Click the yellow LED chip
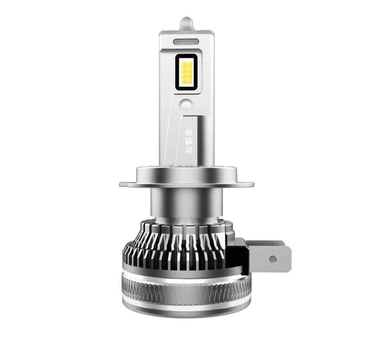tap(186, 72)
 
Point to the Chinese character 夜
tap(189, 132)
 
